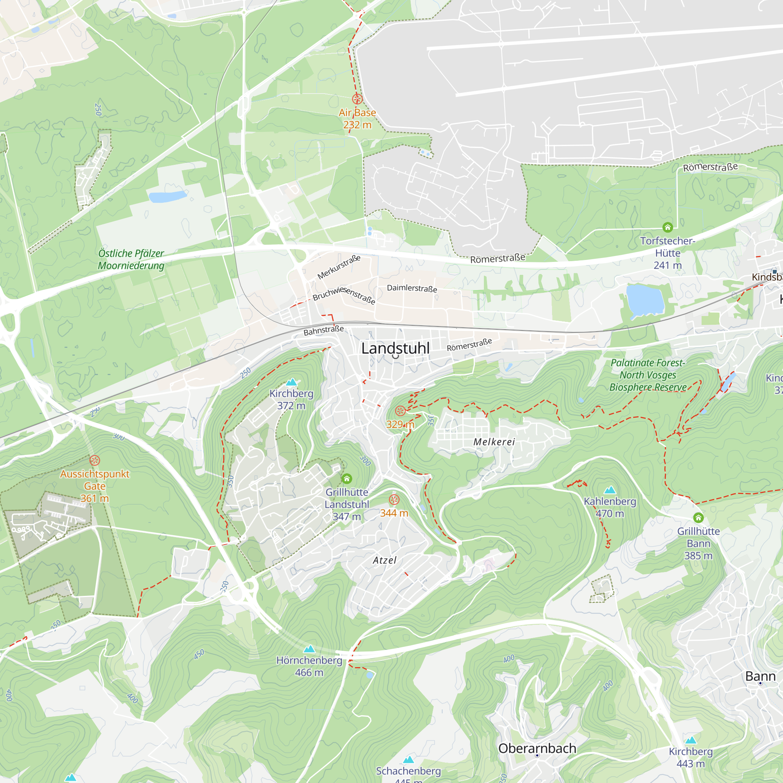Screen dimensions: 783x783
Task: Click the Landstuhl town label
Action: (395, 348)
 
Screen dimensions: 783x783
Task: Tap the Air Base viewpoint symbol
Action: (357, 99)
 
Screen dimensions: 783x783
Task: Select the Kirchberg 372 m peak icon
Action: (291, 382)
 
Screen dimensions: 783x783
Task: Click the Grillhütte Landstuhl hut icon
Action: (346, 479)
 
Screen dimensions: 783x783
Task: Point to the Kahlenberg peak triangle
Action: (610, 491)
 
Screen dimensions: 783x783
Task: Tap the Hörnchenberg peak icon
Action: (309, 649)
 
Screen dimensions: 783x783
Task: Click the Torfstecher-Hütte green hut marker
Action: (668, 227)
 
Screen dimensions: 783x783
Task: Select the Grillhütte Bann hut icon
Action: (698, 518)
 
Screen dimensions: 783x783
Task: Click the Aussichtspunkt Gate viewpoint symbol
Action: (94, 460)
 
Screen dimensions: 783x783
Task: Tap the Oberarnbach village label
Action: (537, 748)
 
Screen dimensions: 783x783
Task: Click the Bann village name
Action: (760, 676)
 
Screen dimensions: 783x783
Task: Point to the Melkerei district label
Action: (494, 442)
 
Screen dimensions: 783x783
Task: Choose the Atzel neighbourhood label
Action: (384, 561)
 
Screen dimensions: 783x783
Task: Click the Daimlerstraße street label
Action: (412, 288)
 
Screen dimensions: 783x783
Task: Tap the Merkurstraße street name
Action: (338, 267)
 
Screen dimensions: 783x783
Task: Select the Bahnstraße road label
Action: (323, 331)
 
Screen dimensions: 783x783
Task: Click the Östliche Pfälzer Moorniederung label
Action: (131, 260)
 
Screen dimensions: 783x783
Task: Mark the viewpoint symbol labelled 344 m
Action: (394, 499)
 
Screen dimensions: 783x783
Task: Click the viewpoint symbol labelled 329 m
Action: (400, 411)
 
